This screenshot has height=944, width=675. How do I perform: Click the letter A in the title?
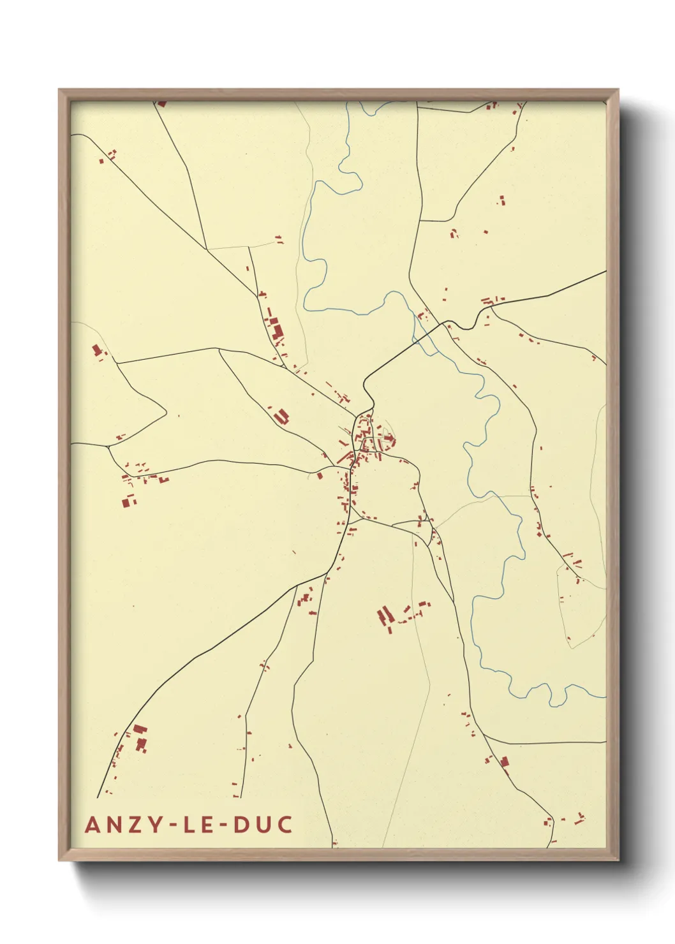[x=93, y=824]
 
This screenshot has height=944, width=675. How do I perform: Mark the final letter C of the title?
[x=285, y=824]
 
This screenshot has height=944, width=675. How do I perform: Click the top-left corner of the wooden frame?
[x=59, y=90]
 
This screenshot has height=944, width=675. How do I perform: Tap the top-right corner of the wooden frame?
[x=618, y=90]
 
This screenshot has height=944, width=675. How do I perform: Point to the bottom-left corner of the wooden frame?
[x=59, y=860]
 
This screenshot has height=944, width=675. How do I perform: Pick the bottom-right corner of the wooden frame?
[x=618, y=860]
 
